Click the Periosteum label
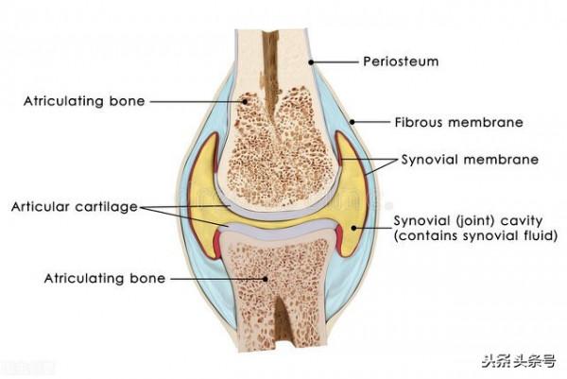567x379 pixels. coord(401,62)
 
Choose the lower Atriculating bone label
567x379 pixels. coord(105,278)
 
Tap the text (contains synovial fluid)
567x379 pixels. coord(475,236)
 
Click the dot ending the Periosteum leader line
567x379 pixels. coord(309,62)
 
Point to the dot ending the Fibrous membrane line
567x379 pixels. coord(350,122)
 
